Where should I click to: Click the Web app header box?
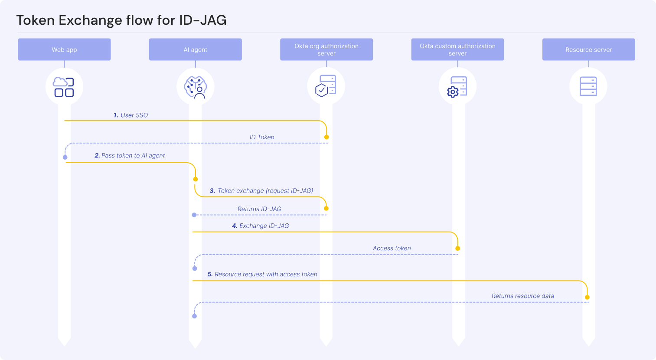[64, 49]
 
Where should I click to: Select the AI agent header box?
[195, 49]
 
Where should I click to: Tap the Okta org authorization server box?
[326, 49]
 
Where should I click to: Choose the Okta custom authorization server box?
[457, 49]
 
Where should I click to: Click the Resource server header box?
[588, 49]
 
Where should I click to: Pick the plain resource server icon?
[588, 86]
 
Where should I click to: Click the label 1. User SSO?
[131, 115]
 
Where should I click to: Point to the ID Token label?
[262, 137]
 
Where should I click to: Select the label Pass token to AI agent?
[130, 155]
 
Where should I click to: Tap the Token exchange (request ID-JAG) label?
[261, 190]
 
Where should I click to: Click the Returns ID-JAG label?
[259, 209]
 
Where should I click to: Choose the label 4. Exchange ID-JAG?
[260, 226]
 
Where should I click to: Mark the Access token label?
[392, 248]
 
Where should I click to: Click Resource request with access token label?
[262, 274]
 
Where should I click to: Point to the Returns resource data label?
[522, 296]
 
